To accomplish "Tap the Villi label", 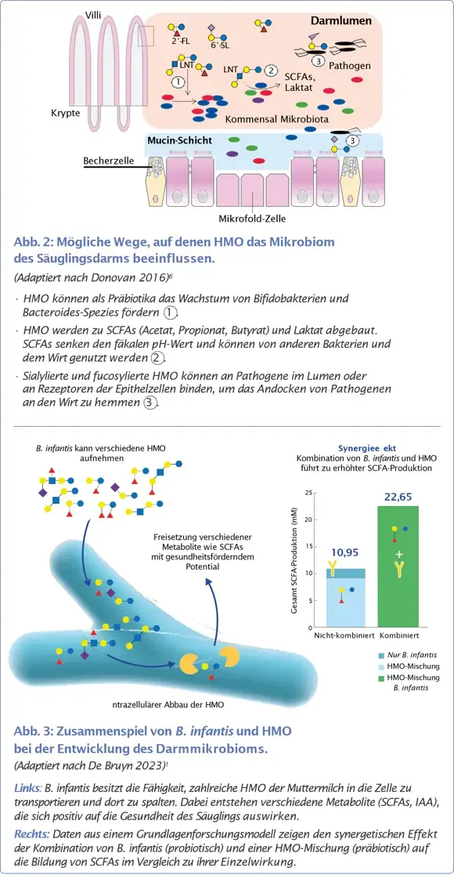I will click(x=92, y=15).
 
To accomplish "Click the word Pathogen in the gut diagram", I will click(x=350, y=67).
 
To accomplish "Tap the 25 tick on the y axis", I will click(x=310, y=493).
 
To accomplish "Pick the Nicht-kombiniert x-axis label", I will click(x=341, y=635).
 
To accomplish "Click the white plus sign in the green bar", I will click(x=399, y=554).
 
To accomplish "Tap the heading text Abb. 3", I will click(x=35, y=731).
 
